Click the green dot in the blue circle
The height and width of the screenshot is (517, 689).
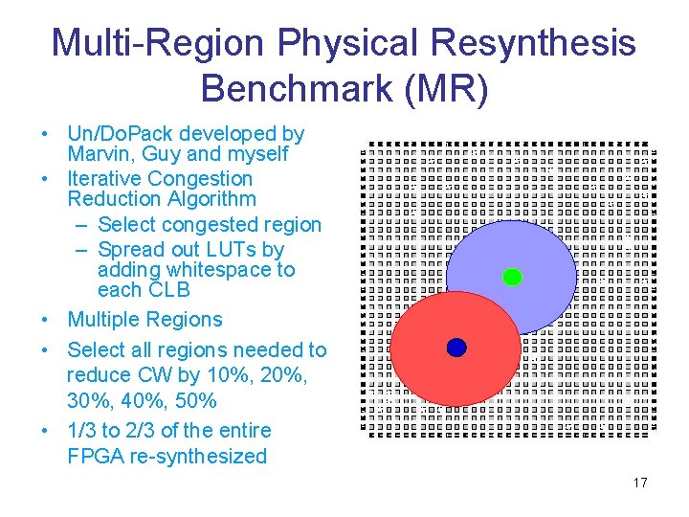coord(512,278)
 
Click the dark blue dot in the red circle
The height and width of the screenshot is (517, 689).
coord(456,348)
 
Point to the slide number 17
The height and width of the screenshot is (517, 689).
coord(640,483)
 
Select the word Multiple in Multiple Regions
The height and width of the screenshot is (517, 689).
coord(106,320)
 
